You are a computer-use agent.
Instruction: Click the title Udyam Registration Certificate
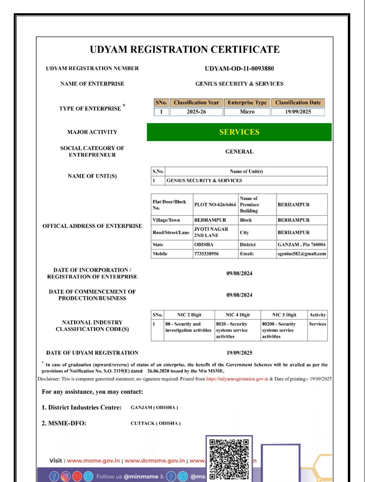click(185, 50)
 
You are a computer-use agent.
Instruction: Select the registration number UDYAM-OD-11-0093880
click(239, 68)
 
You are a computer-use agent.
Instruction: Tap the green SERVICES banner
click(239, 132)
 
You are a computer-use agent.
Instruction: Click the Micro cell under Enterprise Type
click(247, 112)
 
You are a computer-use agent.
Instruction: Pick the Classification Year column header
click(197, 103)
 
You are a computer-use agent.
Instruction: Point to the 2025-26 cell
click(197, 112)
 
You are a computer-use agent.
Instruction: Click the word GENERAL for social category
click(239, 152)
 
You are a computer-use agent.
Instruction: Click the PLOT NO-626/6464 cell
click(214, 203)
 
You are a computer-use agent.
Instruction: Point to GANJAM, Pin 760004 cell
click(301, 244)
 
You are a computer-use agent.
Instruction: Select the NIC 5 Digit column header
click(284, 315)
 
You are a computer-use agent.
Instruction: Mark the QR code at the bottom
click(229, 457)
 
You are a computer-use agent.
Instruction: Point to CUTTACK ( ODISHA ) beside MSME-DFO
click(156, 424)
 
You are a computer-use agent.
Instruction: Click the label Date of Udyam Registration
click(92, 353)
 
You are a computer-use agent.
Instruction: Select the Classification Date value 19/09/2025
click(298, 112)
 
